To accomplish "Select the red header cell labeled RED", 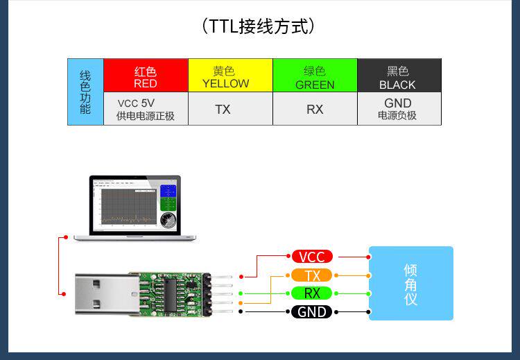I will pyautogui.click(x=146, y=76).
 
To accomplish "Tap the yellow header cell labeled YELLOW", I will pyautogui.click(x=230, y=76).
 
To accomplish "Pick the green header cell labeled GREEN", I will pyautogui.click(x=315, y=76).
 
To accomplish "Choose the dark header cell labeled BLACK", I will pyautogui.click(x=399, y=76).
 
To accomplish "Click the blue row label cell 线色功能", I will pyautogui.click(x=85, y=92).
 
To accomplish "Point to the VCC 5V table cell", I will pyautogui.click(x=146, y=109).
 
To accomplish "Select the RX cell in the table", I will pyautogui.click(x=315, y=109).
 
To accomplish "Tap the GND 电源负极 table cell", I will pyautogui.click(x=399, y=109).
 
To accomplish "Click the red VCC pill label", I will pyautogui.click(x=311, y=257).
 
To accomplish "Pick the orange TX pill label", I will pyautogui.click(x=311, y=275).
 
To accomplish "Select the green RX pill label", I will pyautogui.click(x=311, y=293).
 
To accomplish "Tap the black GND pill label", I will pyautogui.click(x=311, y=311).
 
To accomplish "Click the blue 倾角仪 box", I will pyautogui.click(x=410, y=283).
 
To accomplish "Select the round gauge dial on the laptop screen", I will pyautogui.click(x=167, y=221).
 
